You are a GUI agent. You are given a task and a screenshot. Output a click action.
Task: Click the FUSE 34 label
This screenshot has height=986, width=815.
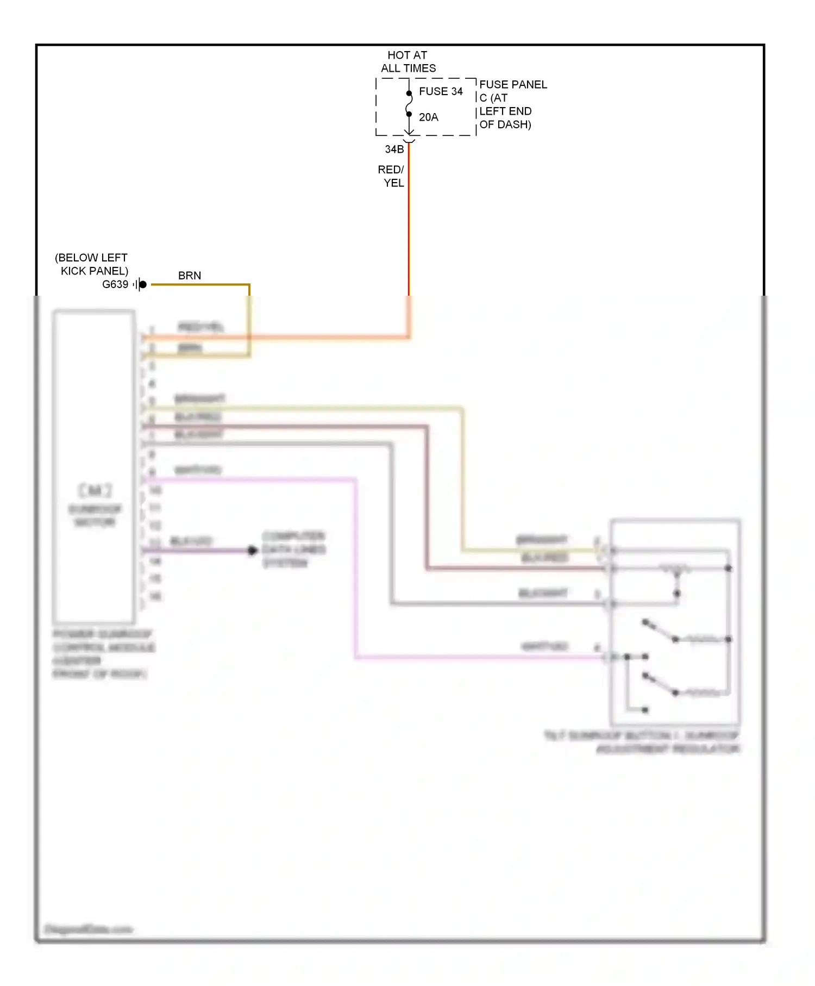[x=440, y=91]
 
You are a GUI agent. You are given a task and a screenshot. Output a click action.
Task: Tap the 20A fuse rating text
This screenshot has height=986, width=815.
[x=428, y=117]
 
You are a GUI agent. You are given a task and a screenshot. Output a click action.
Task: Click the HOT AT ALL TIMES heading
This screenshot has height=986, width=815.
[x=407, y=61]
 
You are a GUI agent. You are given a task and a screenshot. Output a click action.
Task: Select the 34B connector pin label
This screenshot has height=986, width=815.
[x=394, y=149]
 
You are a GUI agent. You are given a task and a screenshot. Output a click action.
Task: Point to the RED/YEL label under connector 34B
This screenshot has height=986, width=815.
[x=392, y=176]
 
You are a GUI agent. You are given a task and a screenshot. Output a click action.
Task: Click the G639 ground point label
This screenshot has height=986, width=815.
[x=115, y=284]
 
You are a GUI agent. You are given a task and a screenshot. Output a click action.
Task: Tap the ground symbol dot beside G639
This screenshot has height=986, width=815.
[x=143, y=284]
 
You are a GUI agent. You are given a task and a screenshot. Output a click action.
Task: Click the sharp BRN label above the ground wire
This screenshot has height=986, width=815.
[x=190, y=276]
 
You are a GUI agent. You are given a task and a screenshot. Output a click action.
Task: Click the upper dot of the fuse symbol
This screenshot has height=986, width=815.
[x=409, y=93]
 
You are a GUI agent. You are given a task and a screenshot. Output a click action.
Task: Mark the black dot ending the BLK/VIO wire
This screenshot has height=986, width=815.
[x=252, y=550]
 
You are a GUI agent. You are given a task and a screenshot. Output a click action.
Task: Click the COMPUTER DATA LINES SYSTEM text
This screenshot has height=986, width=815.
[x=293, y=550]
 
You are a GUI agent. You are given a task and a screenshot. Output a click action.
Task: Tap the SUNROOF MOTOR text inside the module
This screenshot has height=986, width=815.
[x=95, y=515]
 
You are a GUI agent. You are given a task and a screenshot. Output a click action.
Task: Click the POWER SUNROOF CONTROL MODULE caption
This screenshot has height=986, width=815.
[x=103, y=654]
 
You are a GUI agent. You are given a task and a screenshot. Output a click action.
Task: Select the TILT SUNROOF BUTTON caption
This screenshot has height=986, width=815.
[x=642, y=742]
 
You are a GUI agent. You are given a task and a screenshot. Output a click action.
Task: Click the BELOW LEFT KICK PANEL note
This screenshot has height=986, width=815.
[x=92, y=264]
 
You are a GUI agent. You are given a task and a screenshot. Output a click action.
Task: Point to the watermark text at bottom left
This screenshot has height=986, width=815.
[x=88, y=929]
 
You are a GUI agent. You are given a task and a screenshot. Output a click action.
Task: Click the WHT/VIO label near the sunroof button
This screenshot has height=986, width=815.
[x=544, y=646]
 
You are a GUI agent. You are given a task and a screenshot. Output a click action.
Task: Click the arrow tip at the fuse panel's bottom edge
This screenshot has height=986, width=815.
[x=409, y=134]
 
